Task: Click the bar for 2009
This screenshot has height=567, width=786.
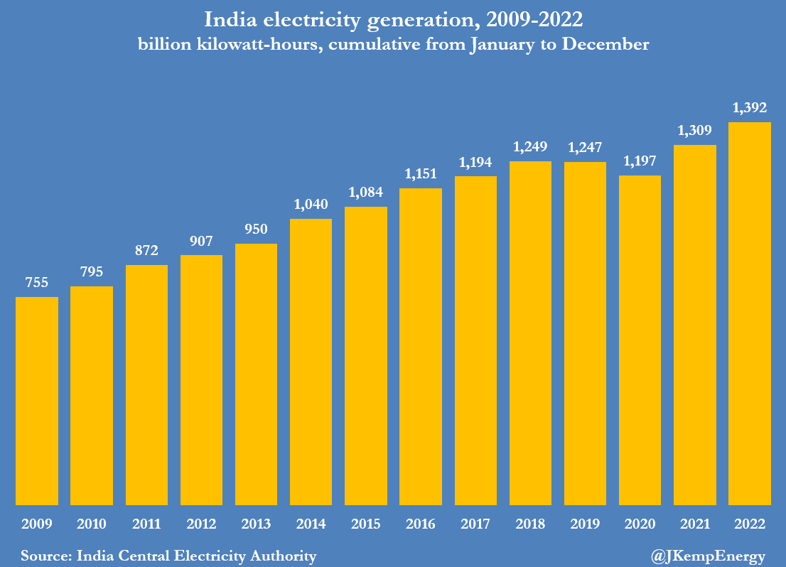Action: coord(37,401)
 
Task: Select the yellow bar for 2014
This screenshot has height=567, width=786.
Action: coord(311,362)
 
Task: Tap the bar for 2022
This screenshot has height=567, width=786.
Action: coord(750,313)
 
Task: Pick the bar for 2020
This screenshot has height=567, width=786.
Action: coord(640,340)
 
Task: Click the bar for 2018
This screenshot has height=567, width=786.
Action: coord(530,333)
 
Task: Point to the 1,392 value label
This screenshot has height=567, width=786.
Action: coord(750,109)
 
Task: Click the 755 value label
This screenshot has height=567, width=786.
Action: coord(37,283)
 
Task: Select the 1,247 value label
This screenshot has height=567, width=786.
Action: coord(585,148)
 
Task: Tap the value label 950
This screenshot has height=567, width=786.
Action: coord(256,229)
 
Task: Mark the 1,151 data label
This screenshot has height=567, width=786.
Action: coord(421,174)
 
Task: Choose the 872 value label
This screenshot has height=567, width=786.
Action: coord(146,251)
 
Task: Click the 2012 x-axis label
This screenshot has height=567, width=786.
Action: coord(201,524)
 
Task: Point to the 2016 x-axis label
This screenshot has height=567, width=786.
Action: coord(421,524)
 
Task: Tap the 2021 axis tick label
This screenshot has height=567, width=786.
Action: coord(694,524)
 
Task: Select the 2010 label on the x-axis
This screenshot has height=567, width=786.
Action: coord(92,524)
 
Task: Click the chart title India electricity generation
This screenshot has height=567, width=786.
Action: coord(393,19)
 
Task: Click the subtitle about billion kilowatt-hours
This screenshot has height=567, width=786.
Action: coord(393,44)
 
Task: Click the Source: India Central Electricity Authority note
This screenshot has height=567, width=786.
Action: coord(168,555)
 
